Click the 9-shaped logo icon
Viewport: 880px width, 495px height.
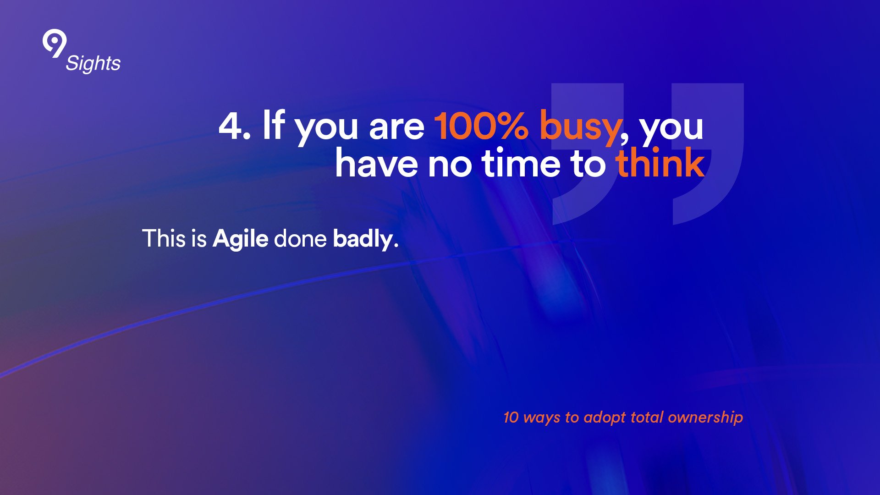click(55, 44)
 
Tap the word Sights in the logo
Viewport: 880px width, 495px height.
click(93, 64)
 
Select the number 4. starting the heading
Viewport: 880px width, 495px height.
click(235, 126)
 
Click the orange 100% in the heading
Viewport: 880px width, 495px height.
click(481, 126)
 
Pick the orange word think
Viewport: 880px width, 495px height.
click(660, 163)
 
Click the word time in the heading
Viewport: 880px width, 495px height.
click(521, 164)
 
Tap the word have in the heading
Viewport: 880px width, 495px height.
click(376, 163)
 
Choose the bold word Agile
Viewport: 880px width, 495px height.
click(240, 240)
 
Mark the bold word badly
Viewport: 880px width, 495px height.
click(363, 240)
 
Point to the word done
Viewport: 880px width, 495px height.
click(300, 238)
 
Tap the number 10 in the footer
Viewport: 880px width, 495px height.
click(511, 417)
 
